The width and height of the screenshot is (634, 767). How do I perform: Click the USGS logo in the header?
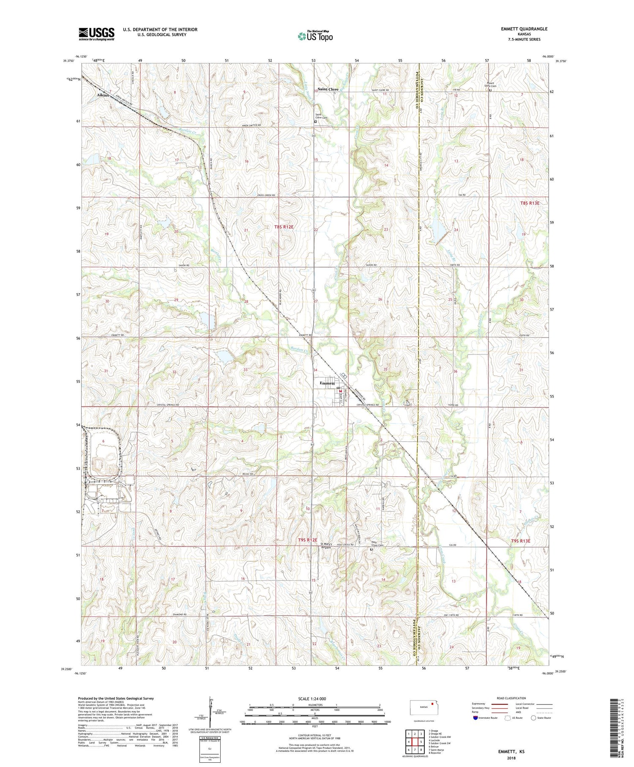(x=96, y=34)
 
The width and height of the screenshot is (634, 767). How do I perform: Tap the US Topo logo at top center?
(x=315, y=36)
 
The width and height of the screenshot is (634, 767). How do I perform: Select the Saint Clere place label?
(x=328, y=89)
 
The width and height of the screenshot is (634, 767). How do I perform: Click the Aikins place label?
(x=103, y=95)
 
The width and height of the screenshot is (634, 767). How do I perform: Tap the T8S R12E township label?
(x=287, y=227)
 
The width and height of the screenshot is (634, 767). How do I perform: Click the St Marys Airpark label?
(x=327, y=546)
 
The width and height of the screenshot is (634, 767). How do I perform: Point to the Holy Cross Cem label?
(x=377, y=546)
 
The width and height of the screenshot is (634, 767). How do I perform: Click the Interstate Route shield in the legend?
(x=475, y=718)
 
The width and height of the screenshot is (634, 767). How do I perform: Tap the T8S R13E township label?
(x=530, y=203)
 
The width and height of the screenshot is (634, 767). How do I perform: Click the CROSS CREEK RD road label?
(x=266, y=195)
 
